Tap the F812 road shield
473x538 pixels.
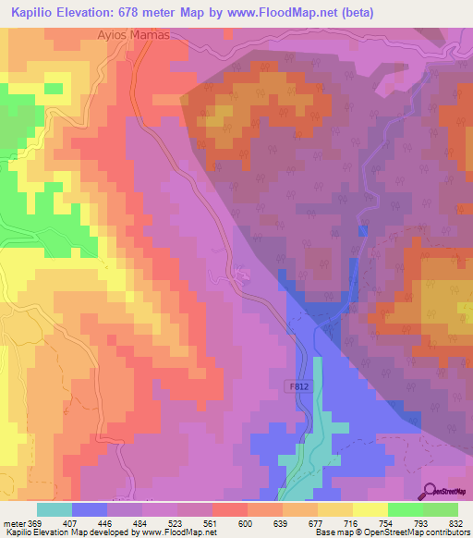pos(292,392)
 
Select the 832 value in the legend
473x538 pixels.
pos(456,522)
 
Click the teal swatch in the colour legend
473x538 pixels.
pos(55,509)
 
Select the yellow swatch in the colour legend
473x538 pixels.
pos(370,509)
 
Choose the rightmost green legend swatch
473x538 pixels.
pos(440,509)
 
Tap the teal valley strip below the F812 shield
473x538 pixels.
pos(314,434)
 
